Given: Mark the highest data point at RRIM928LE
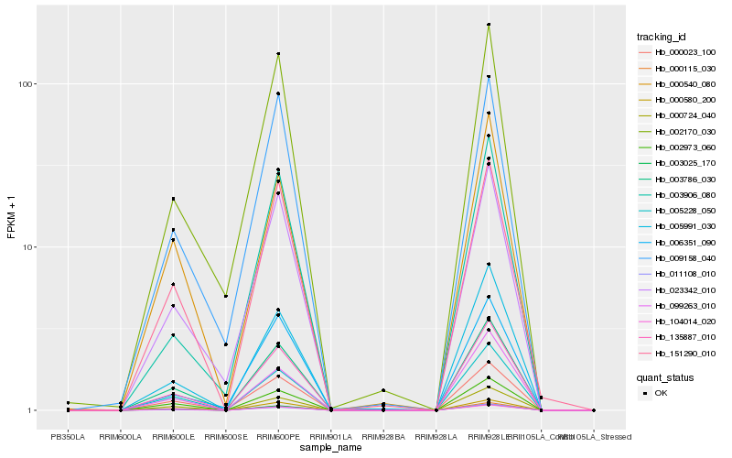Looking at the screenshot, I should click(x=489, y=25).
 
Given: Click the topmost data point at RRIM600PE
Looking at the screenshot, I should click(x=278, y=54).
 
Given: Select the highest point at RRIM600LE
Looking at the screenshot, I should click(x=173, y=199).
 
